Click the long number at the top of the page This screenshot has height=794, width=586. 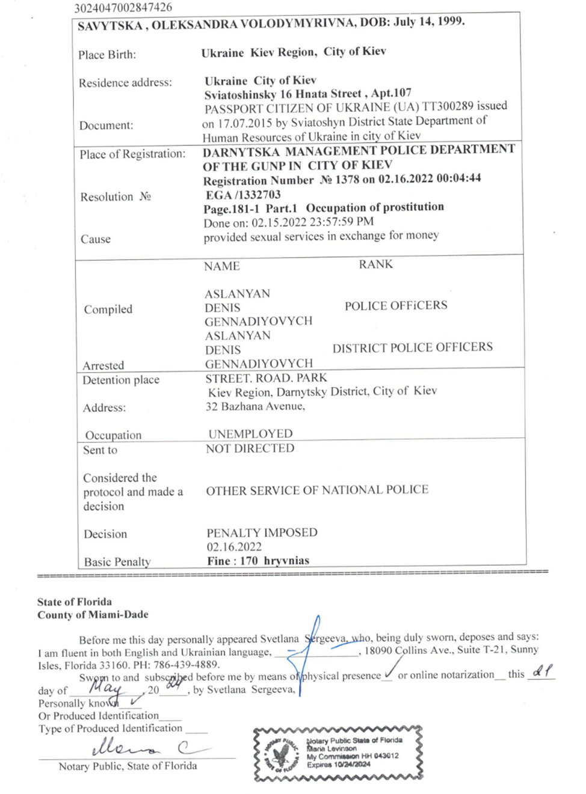pos(123,8)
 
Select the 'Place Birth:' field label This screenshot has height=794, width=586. pos(107,55)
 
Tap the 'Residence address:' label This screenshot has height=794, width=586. pos(125,83)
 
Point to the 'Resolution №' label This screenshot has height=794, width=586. pos(116,197)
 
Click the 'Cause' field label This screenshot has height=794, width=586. pos(96,239)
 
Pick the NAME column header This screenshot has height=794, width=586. pos(221,266)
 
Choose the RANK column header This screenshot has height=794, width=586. pos(376,264)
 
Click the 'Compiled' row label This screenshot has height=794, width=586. pos(108,310)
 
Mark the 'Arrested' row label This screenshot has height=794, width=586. pos(103,365)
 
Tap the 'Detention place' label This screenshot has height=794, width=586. pos(121,380)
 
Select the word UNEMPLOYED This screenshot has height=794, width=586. pos(250,434)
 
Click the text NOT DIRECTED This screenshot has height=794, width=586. pos(250,448)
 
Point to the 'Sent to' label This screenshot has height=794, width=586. pos(100,450)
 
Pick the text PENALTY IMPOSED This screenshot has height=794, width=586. pos(262,533)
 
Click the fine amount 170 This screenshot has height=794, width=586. pos(248,561)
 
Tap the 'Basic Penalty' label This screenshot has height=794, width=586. pos(117,562)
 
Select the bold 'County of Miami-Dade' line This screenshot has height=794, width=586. pos(93,615)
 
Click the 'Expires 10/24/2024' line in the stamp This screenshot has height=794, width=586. pos(339,765)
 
